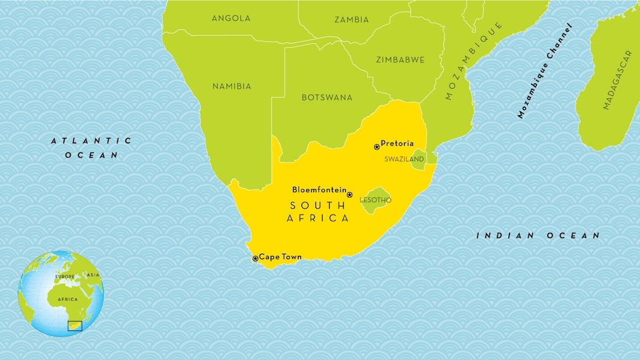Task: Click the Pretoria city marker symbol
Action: [x=376, y=147]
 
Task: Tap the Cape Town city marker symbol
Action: [x=255, y=258]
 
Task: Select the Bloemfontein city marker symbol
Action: [x=349, y=194]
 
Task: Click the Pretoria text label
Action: [x=397, y=143]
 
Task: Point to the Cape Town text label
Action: [x=280, y=257]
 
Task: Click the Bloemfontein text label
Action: [x=319, y=190]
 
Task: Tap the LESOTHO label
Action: [x=375, y=200]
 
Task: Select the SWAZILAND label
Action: [x=404, y=159]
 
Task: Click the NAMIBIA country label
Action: [x=232, y=86]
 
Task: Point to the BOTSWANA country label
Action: [x=327, y=97]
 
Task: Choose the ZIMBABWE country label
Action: [x=400, y=60]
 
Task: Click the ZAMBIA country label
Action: [x=352, y=20]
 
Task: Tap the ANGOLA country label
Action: [x=231, y=18]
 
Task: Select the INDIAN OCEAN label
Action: [x=538, y=235]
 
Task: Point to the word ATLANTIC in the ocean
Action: [x=91, y=141]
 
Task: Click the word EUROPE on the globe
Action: [x=64, y=277]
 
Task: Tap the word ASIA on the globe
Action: [x=93, y=275]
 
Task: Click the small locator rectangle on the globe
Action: [x=74, y=325]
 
